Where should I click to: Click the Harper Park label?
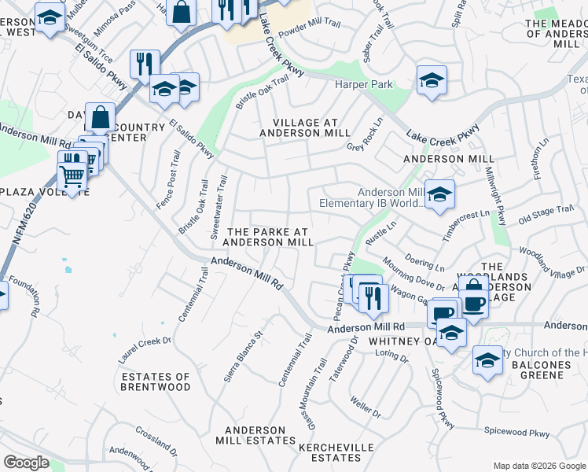363,84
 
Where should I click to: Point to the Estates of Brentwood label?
156,382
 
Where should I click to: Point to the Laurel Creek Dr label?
144,342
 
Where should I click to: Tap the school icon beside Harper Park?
432,81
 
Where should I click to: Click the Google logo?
26,463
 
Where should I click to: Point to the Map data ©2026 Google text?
538,466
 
